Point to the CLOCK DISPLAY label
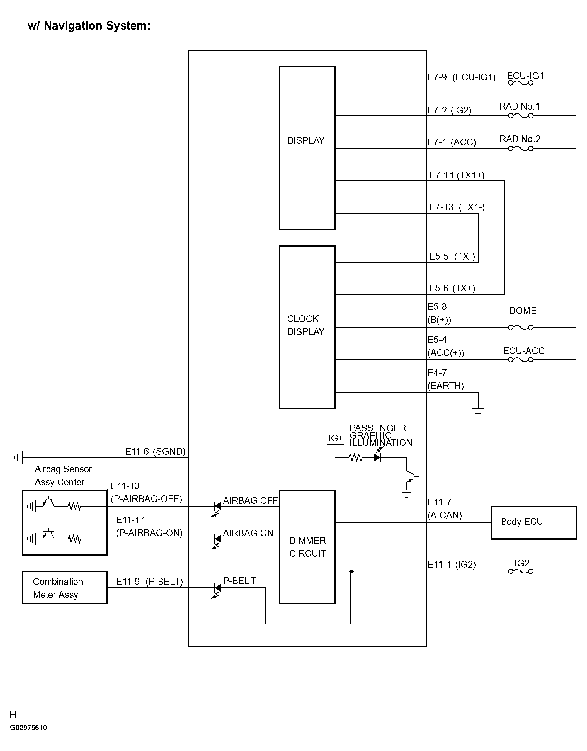pyautogui.click(x=306, y=325)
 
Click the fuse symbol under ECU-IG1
pyautogui.click(x=521, y=83)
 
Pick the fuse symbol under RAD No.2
pyautogui.click(x=521, y=149)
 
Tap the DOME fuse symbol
pyautogui.click(x=521, y=327)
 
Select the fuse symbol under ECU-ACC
pyautogui.click(x=521, y=360)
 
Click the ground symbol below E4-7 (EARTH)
pyautogui.click(x=478, y=412)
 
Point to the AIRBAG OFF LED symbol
pyautogui.click(x=217, y=508)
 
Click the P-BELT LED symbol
pyautogui.click(x=217, y=590)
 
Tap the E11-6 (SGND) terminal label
pyautogui.click(x=155, y=452)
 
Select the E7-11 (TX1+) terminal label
pyautogui.click(x=457, y=175)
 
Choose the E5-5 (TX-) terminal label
pyautogui.click(x=452, y=256)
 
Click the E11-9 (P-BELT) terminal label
pyautogui.click(x=149, y=582)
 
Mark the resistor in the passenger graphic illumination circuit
pyautogui.click(x=356, y=458)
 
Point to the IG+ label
pyautogui.click(x=335, y=438)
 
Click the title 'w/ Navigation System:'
pyautogui.click(x=89, y=26)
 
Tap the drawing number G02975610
pyautogui.click(x=28, y=728)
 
